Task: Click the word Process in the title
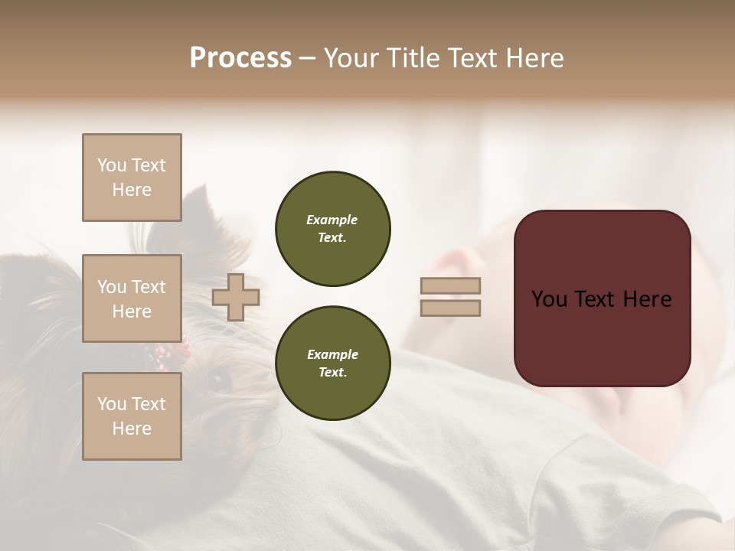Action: pos(240,58)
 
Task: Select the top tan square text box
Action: pos(132,178)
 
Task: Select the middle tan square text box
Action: pos(132,298)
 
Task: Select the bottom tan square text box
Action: pos(132,416)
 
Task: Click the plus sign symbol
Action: pos(236,297)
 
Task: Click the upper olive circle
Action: pos(333,228)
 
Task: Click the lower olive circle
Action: pos(333,363)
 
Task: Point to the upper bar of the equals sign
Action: pos(450,285)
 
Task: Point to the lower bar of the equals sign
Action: pos(450,308)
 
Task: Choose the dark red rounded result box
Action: pos(602,298)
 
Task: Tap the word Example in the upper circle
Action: pos(332,220)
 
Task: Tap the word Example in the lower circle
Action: pos(332,354)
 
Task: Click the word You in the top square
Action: pos(111,165)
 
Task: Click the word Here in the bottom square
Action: pos(132,429)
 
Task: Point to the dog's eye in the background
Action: pos(220,377)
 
